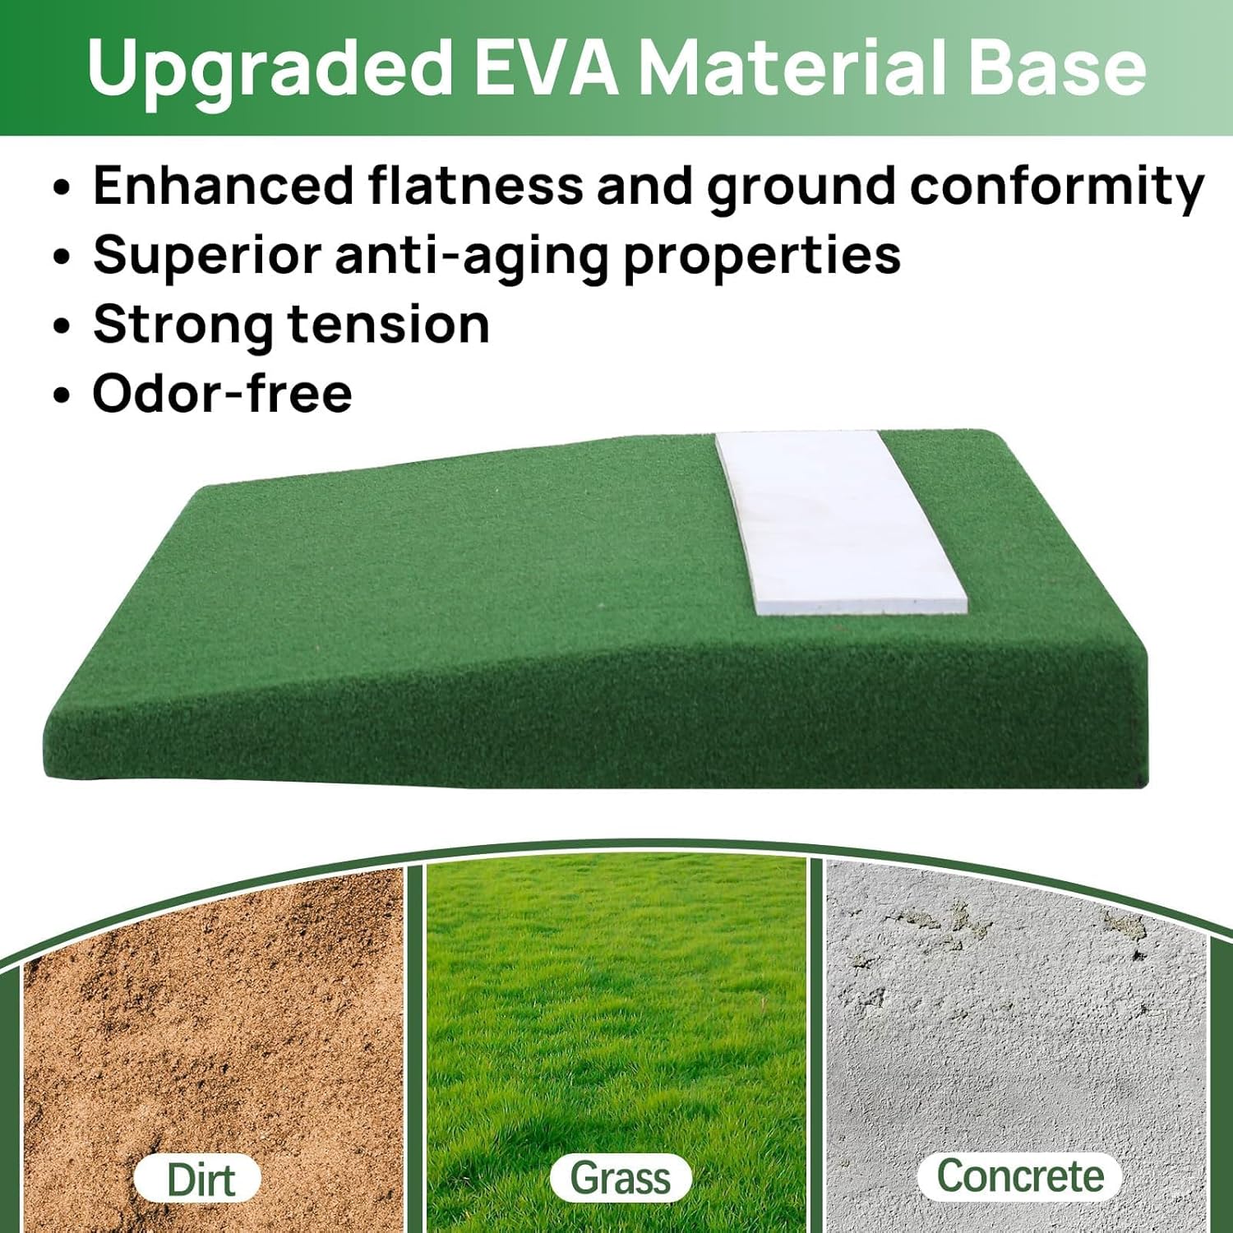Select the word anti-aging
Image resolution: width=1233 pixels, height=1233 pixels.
[x=472, y=256]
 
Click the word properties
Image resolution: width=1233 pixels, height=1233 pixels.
[x=761, y=256]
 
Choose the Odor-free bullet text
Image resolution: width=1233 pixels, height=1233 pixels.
[x=222, y=393]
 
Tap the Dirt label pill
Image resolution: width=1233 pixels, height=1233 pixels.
[x=198, y=1180]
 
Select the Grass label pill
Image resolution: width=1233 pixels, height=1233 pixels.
[x=620, y=1177]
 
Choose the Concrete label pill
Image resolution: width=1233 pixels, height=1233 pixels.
[x=1019, y=1175]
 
